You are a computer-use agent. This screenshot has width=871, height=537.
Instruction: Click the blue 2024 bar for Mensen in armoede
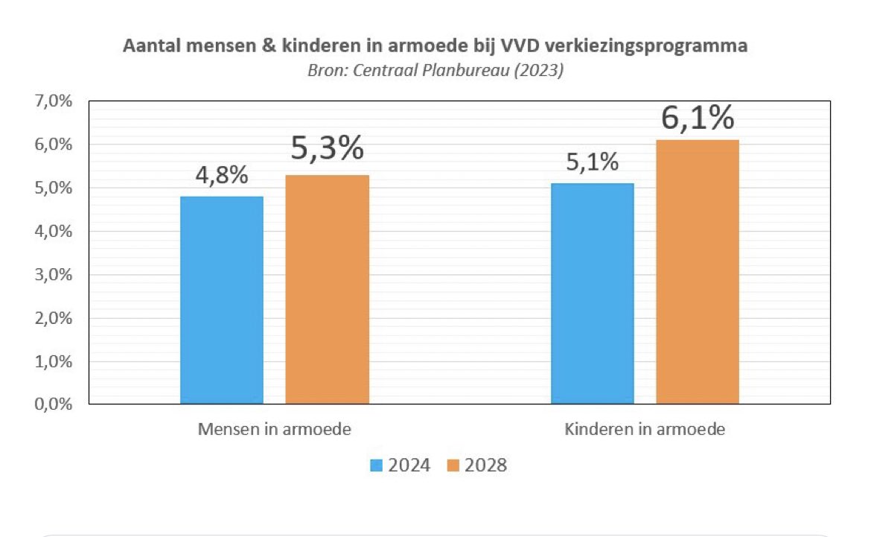[x=221, y=299]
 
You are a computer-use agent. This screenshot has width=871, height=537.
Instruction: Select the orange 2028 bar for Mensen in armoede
[x=327, y=289]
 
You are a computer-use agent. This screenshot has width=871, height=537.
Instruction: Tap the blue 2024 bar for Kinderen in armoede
[x=592, y=293]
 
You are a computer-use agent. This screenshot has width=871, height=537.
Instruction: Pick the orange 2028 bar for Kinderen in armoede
[x=698, y=272]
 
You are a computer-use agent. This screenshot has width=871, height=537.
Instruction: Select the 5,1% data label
[x=592, y=163]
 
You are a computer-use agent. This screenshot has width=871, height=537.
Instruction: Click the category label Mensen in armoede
[x=274, y=430]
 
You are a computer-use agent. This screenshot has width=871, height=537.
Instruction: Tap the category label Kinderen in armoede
[x=645, y=430]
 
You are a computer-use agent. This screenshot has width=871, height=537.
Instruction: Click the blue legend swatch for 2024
[x=376, y=466]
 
